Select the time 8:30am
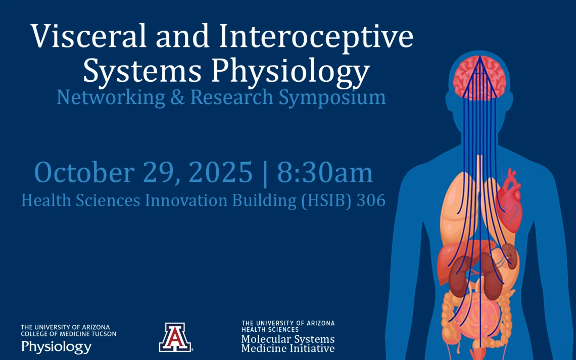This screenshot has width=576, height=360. pos(325,173)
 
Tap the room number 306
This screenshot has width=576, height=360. pos(371,200)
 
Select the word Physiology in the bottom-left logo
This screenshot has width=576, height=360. pos(56,347)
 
